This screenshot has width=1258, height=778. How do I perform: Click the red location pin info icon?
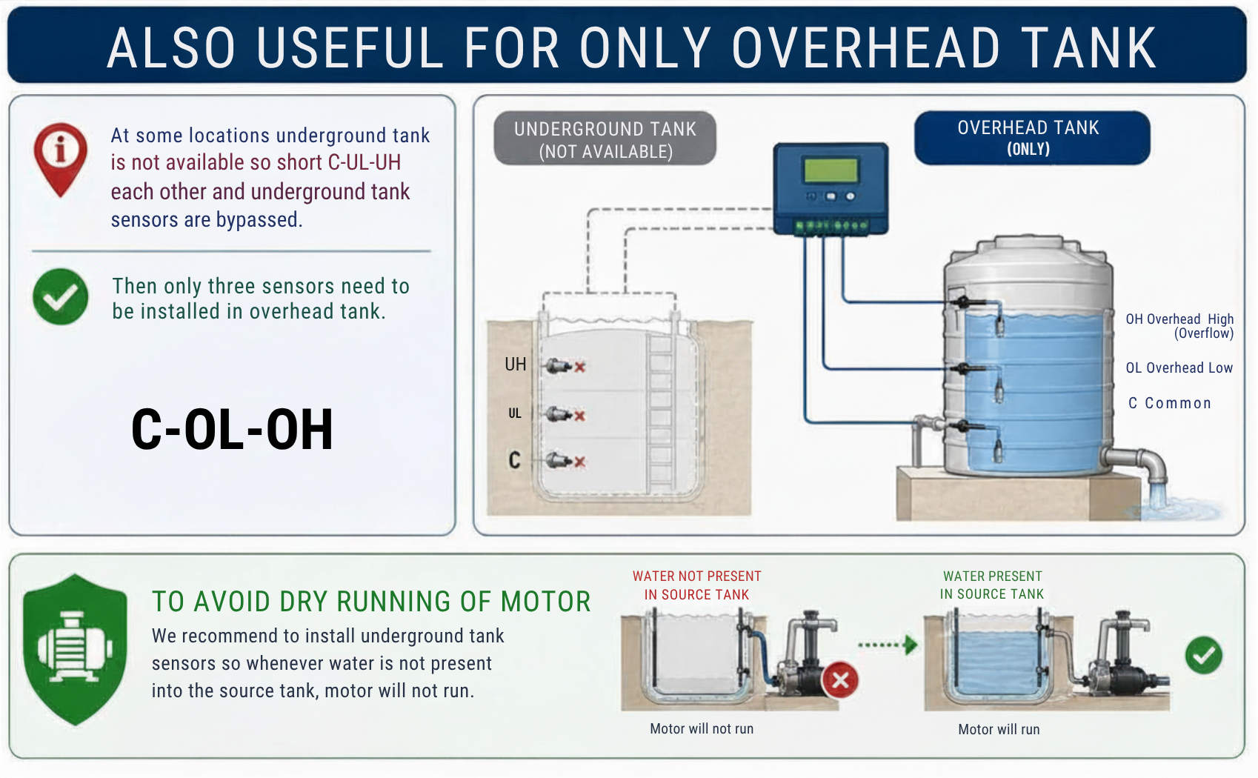tap(61, 154)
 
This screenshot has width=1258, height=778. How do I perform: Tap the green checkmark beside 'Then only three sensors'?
tap(60, 296)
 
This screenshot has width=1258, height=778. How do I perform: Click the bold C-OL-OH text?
tap(232, 430)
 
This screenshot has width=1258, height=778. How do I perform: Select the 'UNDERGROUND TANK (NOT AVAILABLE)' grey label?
tap(605, 139)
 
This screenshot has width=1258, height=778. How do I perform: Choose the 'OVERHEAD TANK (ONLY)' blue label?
tap(1031, 138)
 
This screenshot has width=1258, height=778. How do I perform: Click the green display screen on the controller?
tap(831, 170)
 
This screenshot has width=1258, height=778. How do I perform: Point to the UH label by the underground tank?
tap(516, 365)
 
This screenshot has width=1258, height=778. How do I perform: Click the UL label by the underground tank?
tap(515, 413)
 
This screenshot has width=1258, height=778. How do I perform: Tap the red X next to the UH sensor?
tap(580, 367)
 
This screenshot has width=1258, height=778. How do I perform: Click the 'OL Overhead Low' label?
tap(1179, 368)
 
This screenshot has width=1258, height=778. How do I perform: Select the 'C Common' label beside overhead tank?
tap(1170, 403)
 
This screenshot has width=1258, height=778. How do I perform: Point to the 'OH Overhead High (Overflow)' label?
tap(1179, 326)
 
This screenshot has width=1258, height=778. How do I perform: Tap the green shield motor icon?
tap(75, 649)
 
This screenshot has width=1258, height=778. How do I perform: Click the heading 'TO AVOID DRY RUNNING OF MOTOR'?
tap(371, 602)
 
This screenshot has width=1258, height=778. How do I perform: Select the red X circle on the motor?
tap(840, 679)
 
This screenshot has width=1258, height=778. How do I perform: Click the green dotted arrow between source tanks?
tap(888, 645)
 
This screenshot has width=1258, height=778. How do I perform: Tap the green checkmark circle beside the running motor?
tap(1204, 655)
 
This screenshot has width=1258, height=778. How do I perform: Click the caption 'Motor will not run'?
tap(702, 729)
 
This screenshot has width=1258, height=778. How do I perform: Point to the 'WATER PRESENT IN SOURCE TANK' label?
tap(992, 585)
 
